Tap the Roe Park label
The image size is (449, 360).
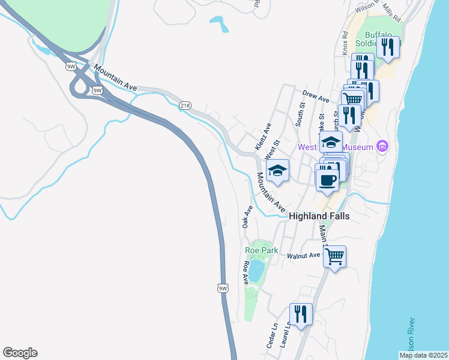pyautogui.click(x=259, y=250)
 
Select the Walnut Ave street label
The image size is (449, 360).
pyautogui.click(x=303, y=256)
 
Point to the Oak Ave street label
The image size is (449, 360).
pyautogui.click(x=246, y=217)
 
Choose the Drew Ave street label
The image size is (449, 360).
pyautogui.click(x=316, y=96)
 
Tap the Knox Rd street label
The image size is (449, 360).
pyautogui.click(x=345, y=43)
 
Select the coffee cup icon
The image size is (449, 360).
pyautogui.click(x=327, y=180)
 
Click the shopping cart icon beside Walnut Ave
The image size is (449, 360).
pyautogui.click(x=334, y=257)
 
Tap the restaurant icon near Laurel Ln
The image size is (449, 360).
pyautogui.click(x=300, y=314)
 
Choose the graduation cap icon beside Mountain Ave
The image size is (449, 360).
pyautogui.click(x=277, y=170)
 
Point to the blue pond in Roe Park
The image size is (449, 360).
pyautogui.click(x=256, y=271)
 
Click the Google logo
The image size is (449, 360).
pyautogui.click(x=20, y=353)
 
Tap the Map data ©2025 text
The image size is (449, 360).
pyautogui.click(x=423, y=355)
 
